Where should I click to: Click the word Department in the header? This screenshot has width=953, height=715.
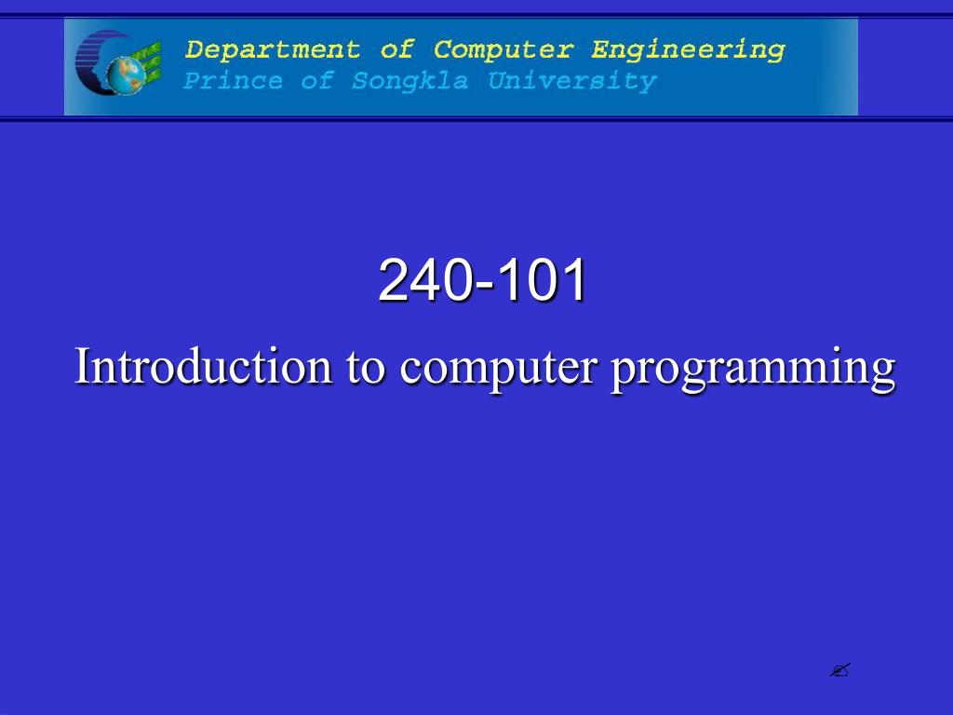pyautogui.click(x=272, y=49)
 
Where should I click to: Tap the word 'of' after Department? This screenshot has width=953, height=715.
pyautogui.click(x=396, y=48)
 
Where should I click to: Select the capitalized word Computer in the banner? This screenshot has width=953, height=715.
pyautogui.click(x=503, y=49)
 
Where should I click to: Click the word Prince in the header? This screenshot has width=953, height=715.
pyautogui.click(x=233, y=81)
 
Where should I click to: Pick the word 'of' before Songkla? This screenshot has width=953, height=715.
pyautogui.click(x=316, y=81)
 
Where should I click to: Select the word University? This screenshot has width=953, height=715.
pyautogui.click(x=572, y=82)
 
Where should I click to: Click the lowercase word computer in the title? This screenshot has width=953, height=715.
pyautogui.click(x=498, y=368)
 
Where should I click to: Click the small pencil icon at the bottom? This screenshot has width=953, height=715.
pyautogui.click(x=841, y=669)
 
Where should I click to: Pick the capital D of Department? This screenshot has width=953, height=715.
pyautogui.click(x=194, y=48)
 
